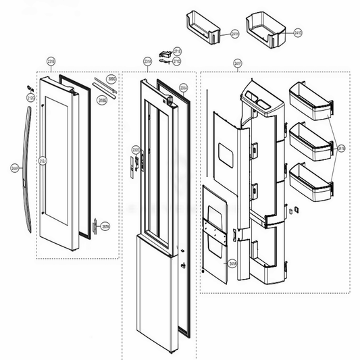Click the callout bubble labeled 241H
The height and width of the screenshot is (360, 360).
click(234, 32)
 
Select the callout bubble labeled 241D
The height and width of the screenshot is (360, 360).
click(299, 32)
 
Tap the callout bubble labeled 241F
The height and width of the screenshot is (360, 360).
click(238, 63)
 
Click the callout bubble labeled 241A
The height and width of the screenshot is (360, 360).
click(231, 265)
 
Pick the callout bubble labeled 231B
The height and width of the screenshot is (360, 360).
click(51, 61)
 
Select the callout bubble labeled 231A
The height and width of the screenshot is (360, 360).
click(147, 61)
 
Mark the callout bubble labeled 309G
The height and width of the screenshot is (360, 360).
click(112, 79)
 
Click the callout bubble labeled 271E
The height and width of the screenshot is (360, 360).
click(177, 51)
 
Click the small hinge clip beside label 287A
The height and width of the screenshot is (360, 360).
click(97, 225)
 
